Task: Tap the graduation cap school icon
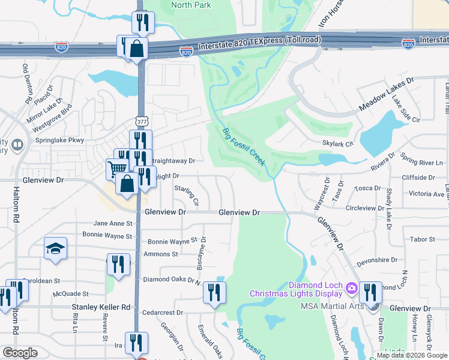coord(55,249)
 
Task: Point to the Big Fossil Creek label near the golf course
coord(244,147)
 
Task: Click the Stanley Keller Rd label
coord(101,307)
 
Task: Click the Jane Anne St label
coord(112,223)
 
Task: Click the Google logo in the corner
coord(20,353)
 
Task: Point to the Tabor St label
coord(423,239)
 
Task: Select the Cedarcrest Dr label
coord(163,313)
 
